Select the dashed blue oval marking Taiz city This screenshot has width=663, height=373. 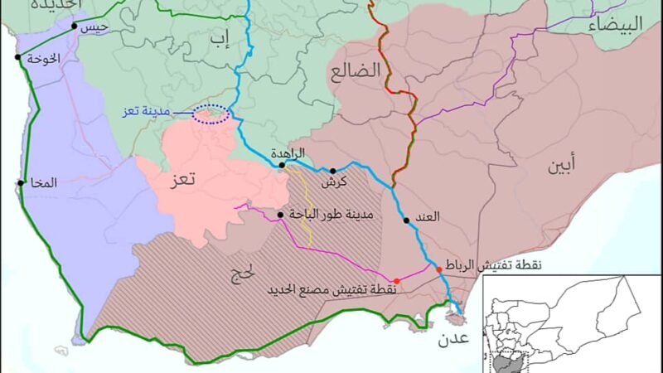pos(211,114)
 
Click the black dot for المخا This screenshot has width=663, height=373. pos(20,182)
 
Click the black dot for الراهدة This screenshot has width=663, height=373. pos(282,165)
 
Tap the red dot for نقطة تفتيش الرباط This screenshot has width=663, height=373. pos(438,269)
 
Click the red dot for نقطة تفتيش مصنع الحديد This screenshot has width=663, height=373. pos(396,281)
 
